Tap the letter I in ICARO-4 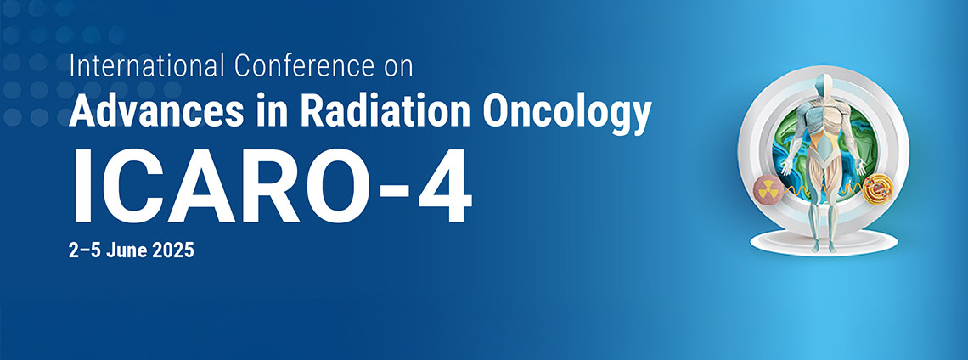coord(81,185)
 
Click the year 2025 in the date coord(173,250)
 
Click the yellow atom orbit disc coord(877,189)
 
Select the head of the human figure coord(824,85)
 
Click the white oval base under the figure coord(824,241)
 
